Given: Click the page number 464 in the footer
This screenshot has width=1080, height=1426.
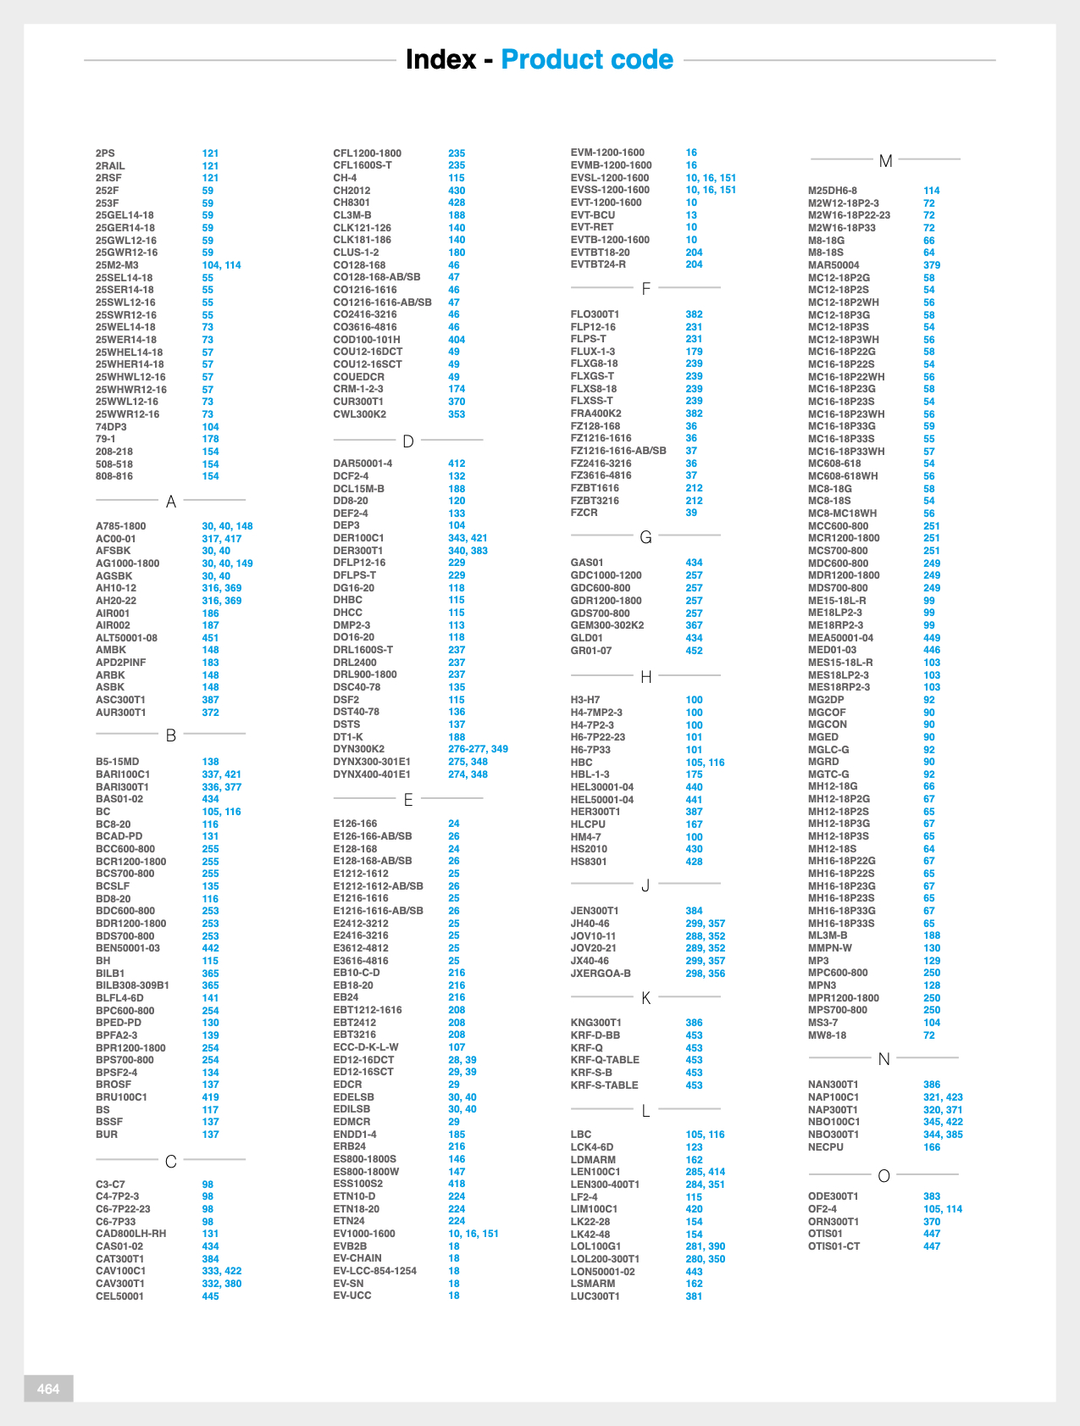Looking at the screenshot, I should (x=48, y=1388).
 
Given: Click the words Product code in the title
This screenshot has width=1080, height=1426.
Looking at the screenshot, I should (x=587, y=59).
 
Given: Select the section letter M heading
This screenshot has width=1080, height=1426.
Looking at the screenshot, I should (x=885, y=161).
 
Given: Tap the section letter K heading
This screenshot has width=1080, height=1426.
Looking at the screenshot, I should (x=645, y=998).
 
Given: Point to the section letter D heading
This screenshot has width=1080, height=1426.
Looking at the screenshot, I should (x=407, y=441).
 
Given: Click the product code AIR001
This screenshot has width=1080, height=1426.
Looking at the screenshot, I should (x=113, y=613).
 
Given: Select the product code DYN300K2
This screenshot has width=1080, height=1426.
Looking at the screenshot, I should (x=358, y=749).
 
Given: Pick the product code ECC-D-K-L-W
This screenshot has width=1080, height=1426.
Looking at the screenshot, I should (x=365, y=1047).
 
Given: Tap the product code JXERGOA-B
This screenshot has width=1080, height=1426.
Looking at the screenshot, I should (x=601, y=974).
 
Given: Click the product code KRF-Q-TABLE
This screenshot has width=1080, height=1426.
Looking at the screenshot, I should (x=605, y=1060).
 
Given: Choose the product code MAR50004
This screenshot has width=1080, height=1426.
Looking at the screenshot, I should (x=833, y=265).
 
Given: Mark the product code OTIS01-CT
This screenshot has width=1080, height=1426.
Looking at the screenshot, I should (x=834, y=1246).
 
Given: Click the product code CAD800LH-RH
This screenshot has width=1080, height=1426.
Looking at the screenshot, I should (x=130, y=1234).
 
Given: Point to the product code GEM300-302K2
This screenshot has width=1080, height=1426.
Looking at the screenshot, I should (x=607, y=625).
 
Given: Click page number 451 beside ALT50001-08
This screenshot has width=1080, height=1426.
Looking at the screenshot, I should (x=210, y=638).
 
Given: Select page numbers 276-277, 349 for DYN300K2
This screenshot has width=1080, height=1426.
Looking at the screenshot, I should (x=478, y=749).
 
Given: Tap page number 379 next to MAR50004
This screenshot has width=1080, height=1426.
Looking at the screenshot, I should (x=932, y=265).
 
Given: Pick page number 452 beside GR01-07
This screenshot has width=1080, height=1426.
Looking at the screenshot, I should (x=694, y=651).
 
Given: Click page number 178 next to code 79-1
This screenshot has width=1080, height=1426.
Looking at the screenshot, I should (x=210, y=439).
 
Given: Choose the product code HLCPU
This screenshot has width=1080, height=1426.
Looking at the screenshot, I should (x=588, y=824).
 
